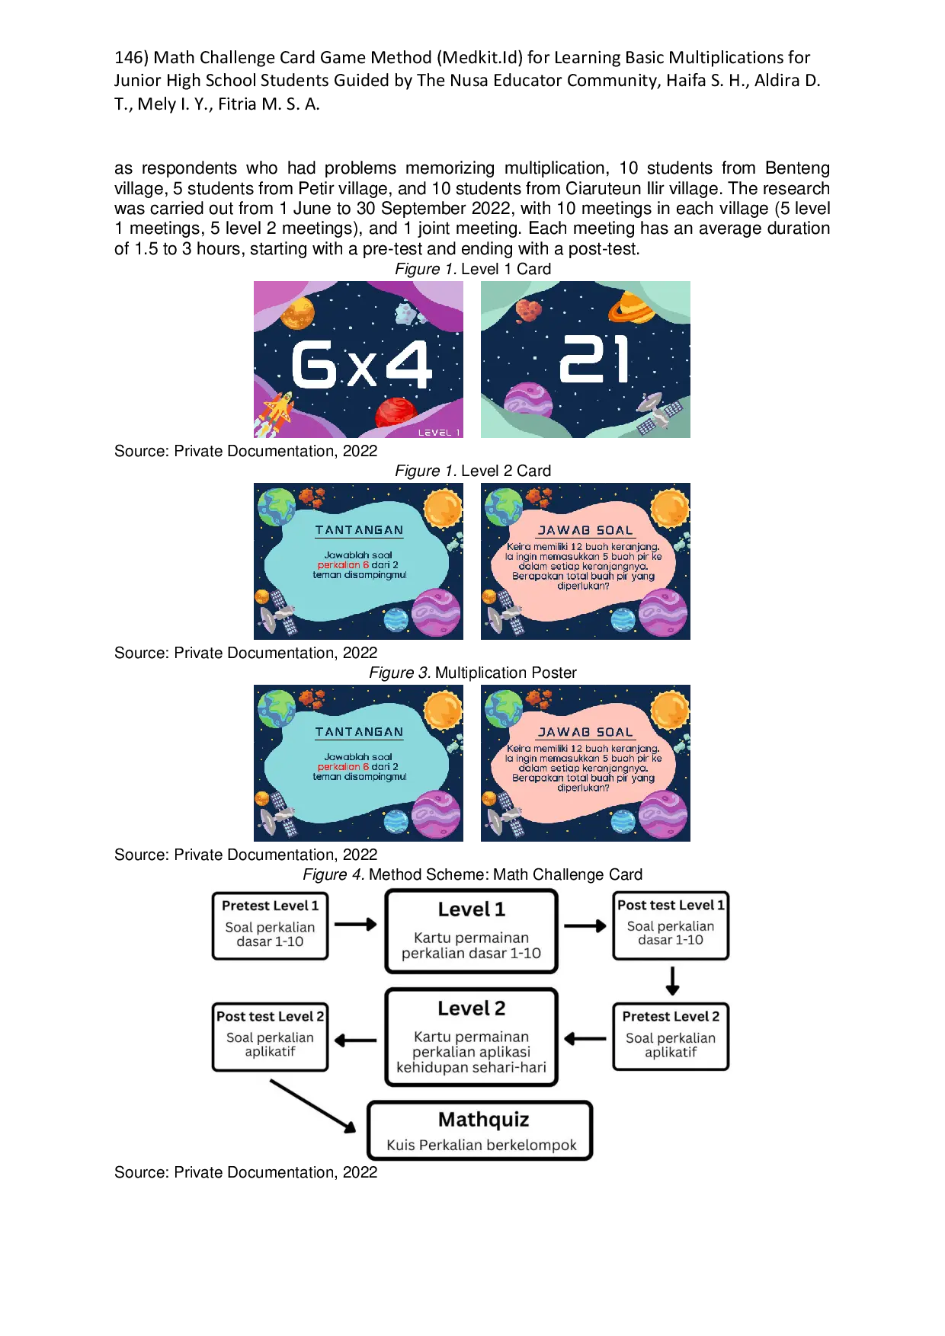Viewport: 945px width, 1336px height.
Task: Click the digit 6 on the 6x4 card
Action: (x=314, y=364)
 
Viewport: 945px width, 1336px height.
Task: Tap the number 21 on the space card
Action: (x=594, y=360)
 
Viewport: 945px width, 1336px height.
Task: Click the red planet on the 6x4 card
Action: (x=396, y=413)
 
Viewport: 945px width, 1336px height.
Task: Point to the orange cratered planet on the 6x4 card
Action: (x=297, y=312)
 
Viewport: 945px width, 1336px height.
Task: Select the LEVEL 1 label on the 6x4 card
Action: (x=439, y=433)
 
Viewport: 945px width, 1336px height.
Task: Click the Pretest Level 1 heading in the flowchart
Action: (x=270, y=906)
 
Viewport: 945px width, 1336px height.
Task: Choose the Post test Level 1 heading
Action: (x=671, y=905)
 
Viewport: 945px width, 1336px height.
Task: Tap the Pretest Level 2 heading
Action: (x=671, y=1016)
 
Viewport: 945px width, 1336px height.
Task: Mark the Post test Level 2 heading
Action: (x=270, y=1016)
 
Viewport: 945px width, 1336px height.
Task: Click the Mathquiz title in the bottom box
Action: (x=483, y=1119)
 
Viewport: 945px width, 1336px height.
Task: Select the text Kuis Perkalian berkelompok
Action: (x=482, y=1145)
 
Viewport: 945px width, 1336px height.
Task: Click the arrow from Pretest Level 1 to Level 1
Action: (x=356, y=924)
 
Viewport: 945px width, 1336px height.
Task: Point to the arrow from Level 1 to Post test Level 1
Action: (x=585, y=925)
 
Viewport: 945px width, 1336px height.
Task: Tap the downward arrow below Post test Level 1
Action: (x=672, y=981)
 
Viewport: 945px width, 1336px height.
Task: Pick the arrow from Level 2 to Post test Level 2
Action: (x=355, y=1040)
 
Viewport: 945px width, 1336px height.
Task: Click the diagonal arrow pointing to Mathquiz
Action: (x=313, y=1105)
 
